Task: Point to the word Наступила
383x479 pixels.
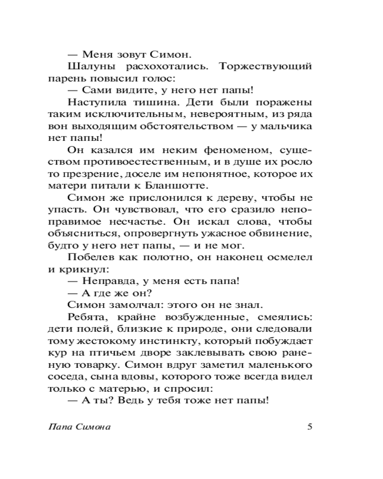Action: (x=94, y=102)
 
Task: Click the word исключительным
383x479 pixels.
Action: (x=122, y=114)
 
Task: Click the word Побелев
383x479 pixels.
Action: (x=89, y=258)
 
